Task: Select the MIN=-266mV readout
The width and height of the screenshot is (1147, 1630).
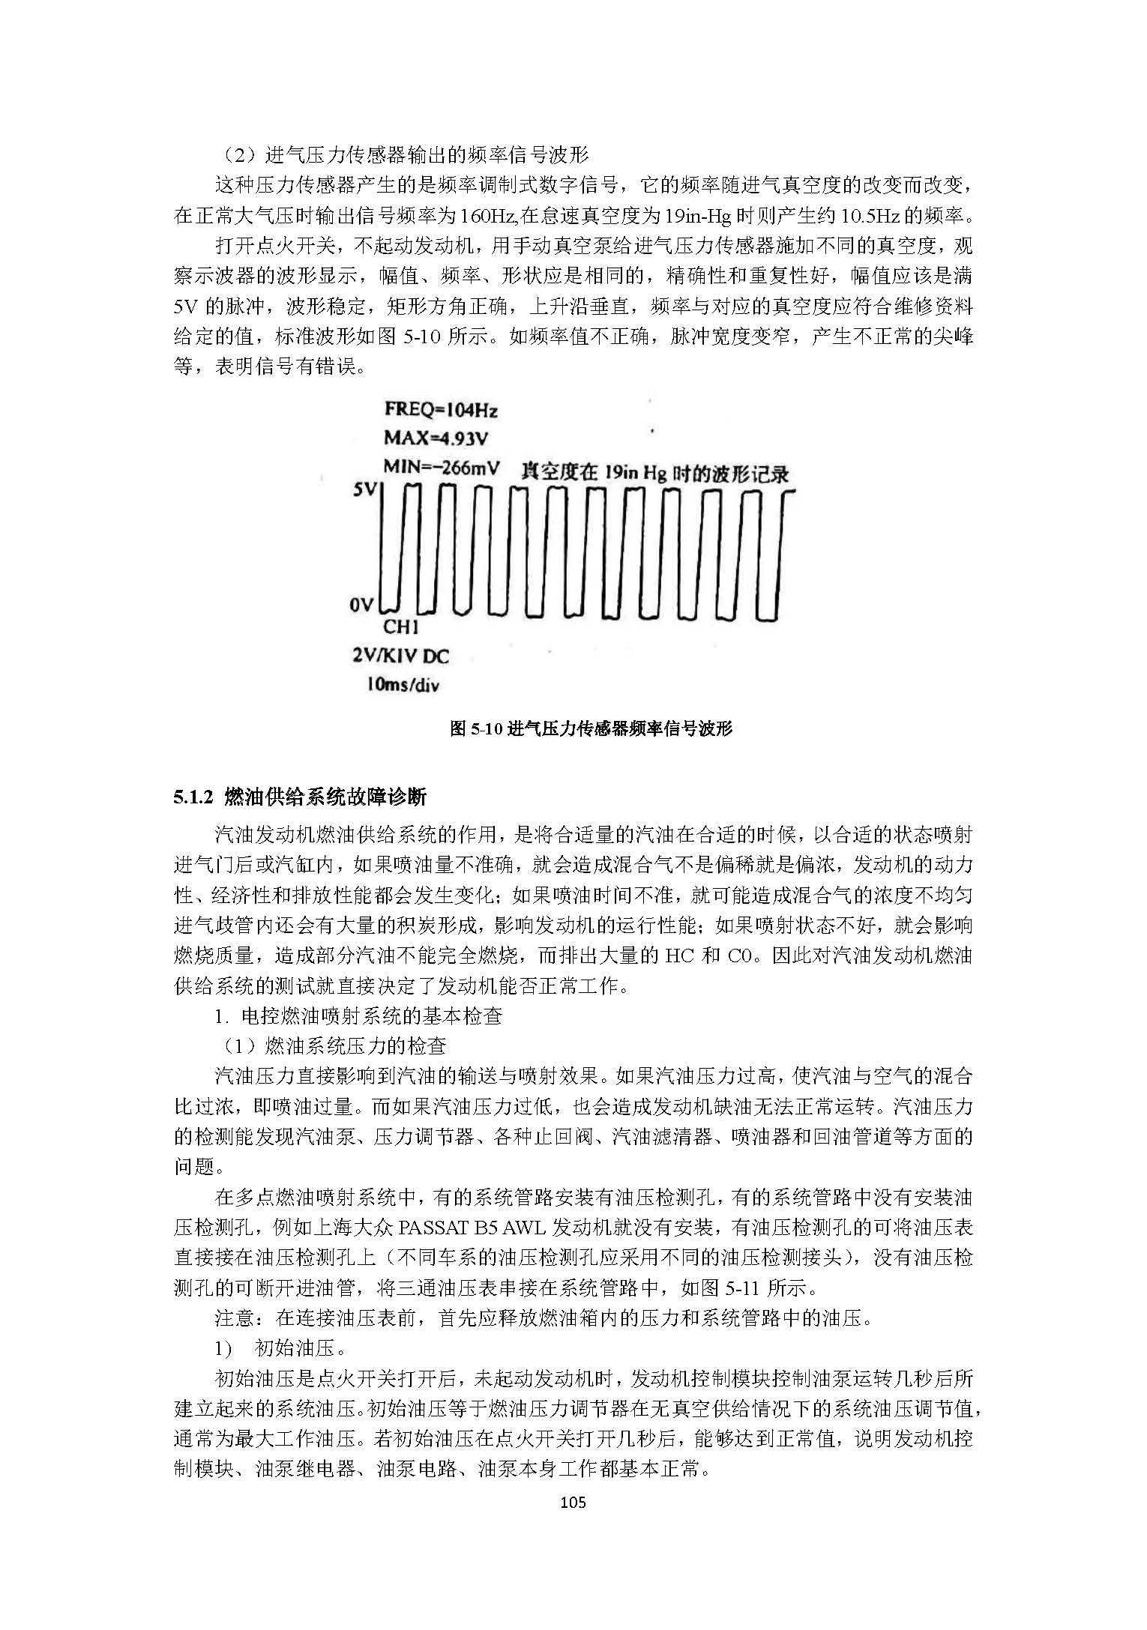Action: pyautogui.click(x=442, y=467)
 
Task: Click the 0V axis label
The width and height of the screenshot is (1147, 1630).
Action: pyautogui.click(x=361, y=604)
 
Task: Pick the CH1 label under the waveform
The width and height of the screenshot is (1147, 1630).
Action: pyautogui.click(x=401, y=627)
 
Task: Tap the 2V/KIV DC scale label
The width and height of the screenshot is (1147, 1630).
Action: pyautogui.click(x=400, y=656)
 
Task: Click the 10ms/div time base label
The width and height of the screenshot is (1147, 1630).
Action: pyautogui.click(x=403, y=684)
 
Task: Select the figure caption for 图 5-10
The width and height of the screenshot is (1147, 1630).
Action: pyautogui.click(x=590, y=728)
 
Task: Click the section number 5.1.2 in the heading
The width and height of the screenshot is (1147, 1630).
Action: pyautogui.click(x=194, y=797)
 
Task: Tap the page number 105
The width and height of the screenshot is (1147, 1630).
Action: pyautogui.click(x=573, y=1502)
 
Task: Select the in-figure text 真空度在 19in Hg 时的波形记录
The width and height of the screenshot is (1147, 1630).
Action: pyautogui.click(x=654, y=474)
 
